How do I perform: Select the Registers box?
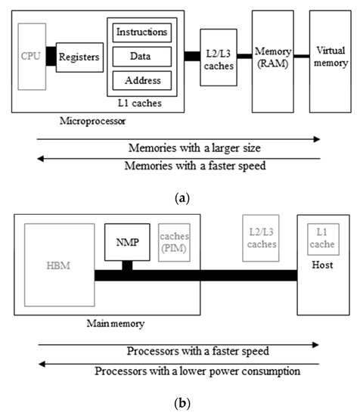click(x=79, y=57)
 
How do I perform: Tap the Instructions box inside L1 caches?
click(x=142, y=33)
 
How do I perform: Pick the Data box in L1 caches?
click(x=142, y=57)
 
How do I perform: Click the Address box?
click(x=142, y=80)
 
